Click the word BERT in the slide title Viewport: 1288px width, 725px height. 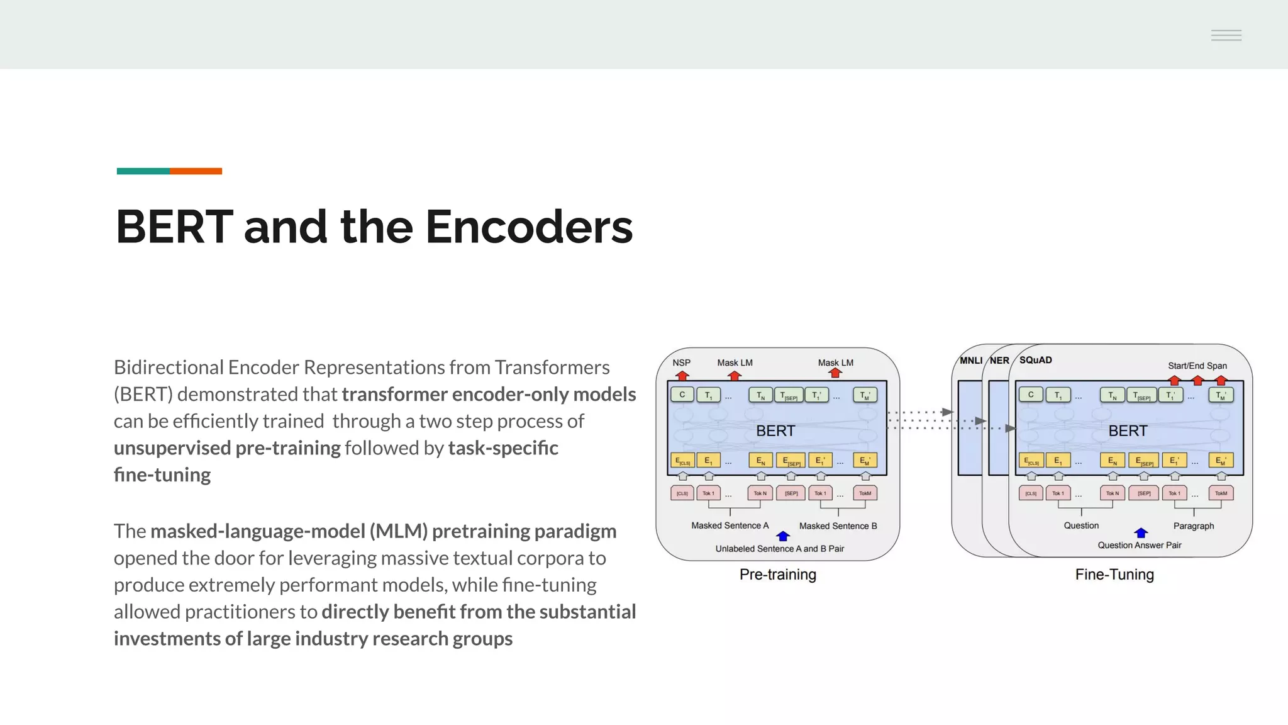pyautogui.click(x=174, y=227)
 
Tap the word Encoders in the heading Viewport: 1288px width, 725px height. pyautogui.click(x=529, y=227)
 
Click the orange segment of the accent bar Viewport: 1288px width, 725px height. pyautogui.click(x=196, y=171)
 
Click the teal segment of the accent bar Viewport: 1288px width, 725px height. pyautogui.click(x=143, y=171)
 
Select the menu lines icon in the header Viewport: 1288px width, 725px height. pyautogui.click(x=1226, y=35)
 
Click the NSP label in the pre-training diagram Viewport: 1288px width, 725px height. pyautogui.click(x=681, y=362)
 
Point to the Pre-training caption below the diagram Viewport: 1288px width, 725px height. pyautogui.click(x=777, y=574)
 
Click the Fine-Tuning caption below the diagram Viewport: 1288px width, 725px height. pyautogui.click(x=1114, y=574)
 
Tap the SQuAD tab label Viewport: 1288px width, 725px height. pyautogui.click(x=1035, y=360)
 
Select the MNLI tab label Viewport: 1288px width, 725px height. pyautogui.click(x=970, y=361)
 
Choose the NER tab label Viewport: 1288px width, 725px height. pyautogui.click(x=999, y=361)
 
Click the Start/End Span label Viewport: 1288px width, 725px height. pyautogui.click(x=1197, y=366)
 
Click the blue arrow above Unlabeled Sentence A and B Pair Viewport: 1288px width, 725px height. pyautogui.click(x=783, y=536)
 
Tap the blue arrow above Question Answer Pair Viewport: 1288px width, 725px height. pyautogui.click(x=1141, y=533)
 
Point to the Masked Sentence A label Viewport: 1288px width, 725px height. pyautogui.click(x=730, y=525)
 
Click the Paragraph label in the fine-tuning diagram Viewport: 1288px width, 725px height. pyautogui.click(x=1193, y=525)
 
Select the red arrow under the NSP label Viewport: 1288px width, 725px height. pyautogui.click(x=682, y=375)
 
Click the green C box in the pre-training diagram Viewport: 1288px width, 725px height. pyautogui.click(x=682, y=395)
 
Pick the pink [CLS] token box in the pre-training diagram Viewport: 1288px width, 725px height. pyautogui.click(x=682, y=493)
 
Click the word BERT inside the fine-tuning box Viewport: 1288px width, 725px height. pyautogui.click(x=1128, y=430)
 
